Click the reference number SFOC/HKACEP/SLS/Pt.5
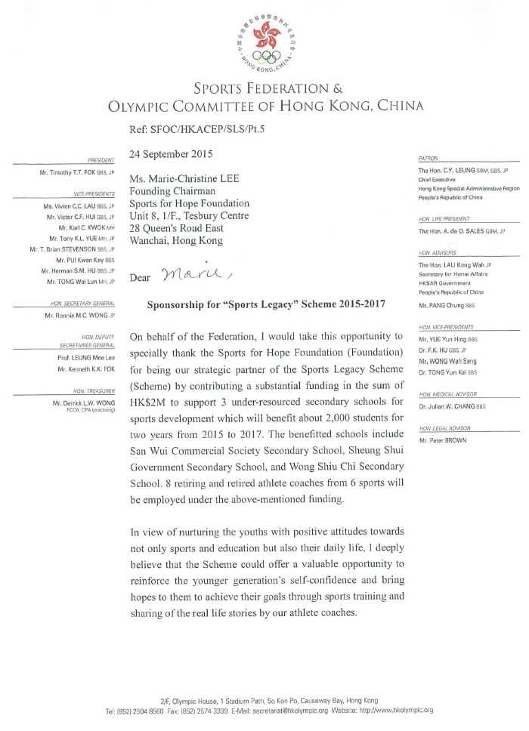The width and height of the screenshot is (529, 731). [211, 129]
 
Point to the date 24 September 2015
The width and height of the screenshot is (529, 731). [171, 154]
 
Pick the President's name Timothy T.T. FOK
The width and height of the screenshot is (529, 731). [77, 173]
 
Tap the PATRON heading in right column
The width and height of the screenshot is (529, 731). [428, 159]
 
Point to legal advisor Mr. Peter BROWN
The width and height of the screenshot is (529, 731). [442, 440]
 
